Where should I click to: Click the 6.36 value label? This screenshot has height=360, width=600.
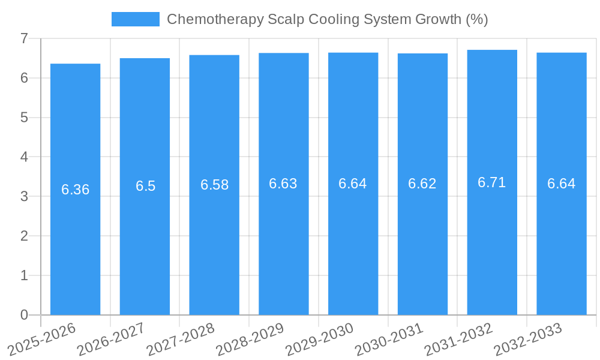point(75,190)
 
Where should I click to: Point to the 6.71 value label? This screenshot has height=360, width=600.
point(492,183)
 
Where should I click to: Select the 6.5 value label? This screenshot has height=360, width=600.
point(145,186)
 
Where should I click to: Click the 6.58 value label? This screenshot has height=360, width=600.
point(214,185)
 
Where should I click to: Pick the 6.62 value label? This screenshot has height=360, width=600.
point(422,184)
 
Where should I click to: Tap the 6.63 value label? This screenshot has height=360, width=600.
point(283,184)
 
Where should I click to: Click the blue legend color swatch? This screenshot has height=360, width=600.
point(136,19)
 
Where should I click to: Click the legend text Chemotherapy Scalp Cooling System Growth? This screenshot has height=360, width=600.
point(327,19)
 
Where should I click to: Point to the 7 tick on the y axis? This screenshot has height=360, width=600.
point(24,38)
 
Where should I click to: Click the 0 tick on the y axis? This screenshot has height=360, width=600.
point(24,315)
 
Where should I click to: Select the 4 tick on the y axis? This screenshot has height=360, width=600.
point(24,157)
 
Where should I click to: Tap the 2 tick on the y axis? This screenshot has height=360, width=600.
point(24,236)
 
